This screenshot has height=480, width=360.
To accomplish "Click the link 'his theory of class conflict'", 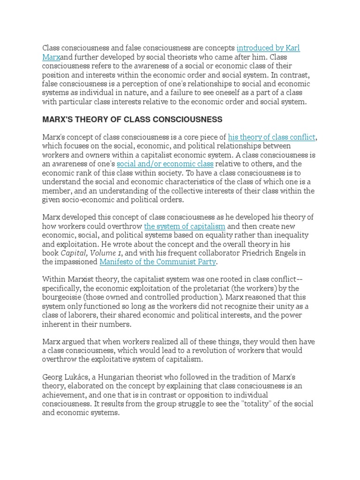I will [272, 137].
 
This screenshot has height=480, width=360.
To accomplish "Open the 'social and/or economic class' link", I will [165, 164].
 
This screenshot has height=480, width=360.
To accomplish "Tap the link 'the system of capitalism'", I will [185, 226].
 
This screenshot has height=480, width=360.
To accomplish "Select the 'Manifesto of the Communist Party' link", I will [158, 262].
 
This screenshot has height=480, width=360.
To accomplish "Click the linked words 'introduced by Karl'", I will [268, 48].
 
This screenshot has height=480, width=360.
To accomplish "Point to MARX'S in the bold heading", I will [59, 120].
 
